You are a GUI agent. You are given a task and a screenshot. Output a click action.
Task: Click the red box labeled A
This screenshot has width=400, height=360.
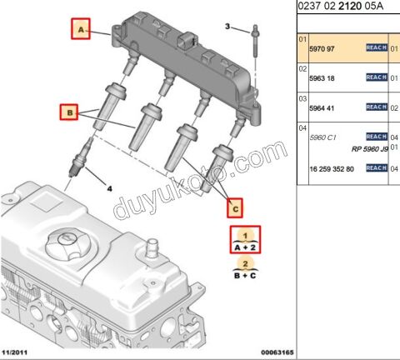tap(81, 31)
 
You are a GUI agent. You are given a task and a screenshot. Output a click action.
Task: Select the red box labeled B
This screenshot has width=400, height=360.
tap(69, 111)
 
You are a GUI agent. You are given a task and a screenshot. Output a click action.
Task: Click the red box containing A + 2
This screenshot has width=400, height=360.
tap(245, 241)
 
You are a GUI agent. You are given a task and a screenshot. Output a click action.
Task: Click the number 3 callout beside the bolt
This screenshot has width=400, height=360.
tap(227, 27)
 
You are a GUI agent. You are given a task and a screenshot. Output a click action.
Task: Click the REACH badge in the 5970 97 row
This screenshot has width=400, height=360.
tap(377, 48)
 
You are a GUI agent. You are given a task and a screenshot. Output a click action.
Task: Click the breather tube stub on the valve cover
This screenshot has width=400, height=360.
tap(152, 249)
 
